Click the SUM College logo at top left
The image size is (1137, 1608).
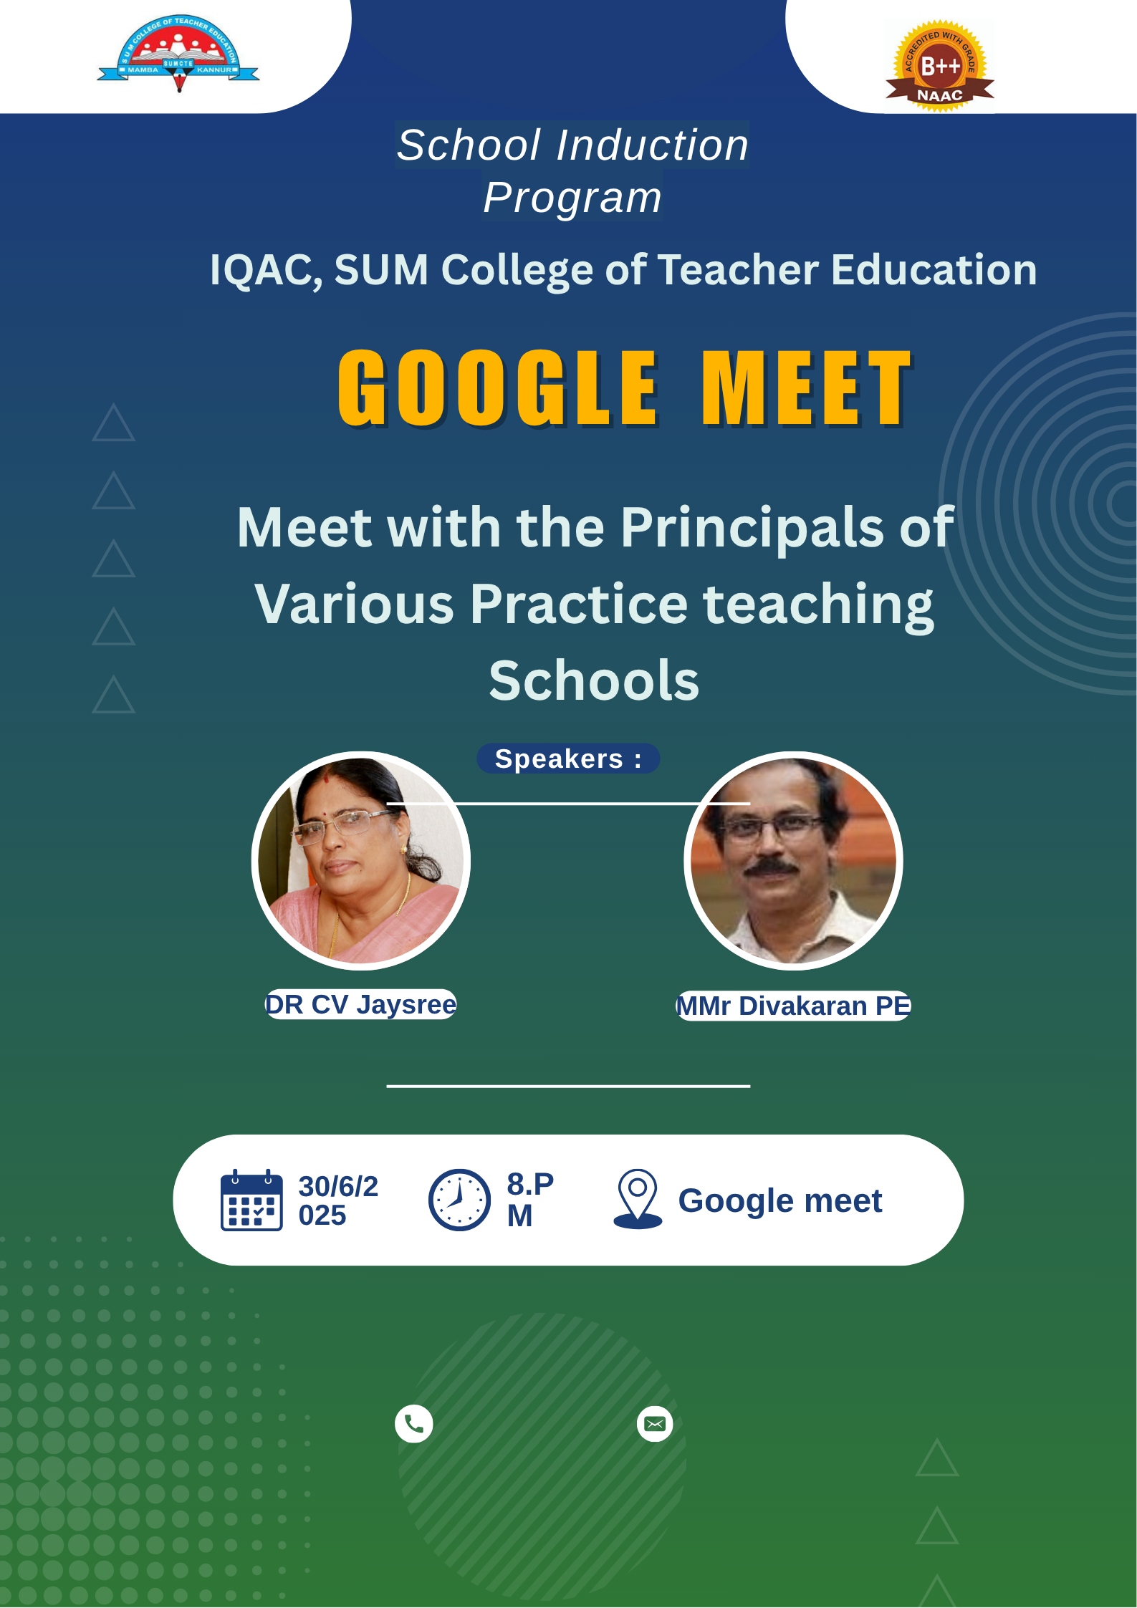point(178,54)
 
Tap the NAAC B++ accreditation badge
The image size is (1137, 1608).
point(940,66)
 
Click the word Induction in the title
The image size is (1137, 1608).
point(653,145)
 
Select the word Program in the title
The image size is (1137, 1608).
point(572,198)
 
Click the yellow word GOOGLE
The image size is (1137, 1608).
point(498,388)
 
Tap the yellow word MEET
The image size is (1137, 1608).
point(807,388)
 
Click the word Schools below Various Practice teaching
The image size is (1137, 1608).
point(594,680)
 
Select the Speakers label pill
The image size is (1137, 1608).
point(568,759)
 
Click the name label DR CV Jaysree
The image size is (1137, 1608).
point(360,1005)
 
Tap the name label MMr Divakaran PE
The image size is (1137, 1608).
point(794,1006)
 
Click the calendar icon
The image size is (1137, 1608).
point(251,1200)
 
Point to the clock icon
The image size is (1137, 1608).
point(459,1200)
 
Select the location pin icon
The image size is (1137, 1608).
point(638,1199)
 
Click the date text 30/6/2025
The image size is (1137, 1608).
point(338,1201)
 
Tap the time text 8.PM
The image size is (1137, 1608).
point(530,1200)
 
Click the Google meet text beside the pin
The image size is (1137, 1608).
point(780,1201)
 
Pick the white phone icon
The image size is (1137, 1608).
point(414,1424)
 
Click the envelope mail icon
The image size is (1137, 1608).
point(655,1424)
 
